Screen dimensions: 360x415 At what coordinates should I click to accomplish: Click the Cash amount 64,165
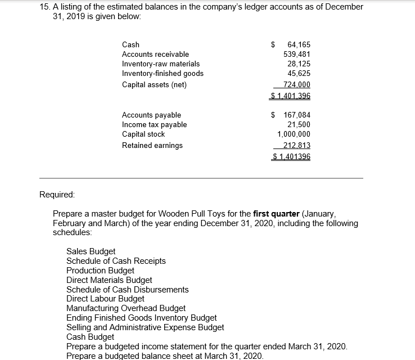click(x=298, y=44)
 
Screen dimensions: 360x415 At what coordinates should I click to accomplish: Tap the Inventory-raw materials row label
click(x=160, y=64)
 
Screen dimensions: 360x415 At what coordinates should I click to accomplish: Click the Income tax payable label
click(x=154, y=124)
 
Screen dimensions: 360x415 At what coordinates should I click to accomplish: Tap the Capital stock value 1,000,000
click(x=294, y=134)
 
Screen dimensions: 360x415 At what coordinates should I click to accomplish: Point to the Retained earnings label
click(x=152, y=145)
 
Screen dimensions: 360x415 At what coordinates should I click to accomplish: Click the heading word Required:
click(x=57, y=195)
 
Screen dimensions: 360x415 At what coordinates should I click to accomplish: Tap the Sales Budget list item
click(x=91, y=251)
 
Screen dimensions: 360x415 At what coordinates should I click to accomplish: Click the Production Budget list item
click(x=100, y=271)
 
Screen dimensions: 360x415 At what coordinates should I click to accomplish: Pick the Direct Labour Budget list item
click(x=105, y=299)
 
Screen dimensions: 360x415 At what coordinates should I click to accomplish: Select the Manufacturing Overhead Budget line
click(x=126, y=308)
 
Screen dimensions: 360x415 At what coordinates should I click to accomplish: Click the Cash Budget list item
click(x=90, y=336)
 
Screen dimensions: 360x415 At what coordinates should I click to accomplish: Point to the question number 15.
click(x=45, y=7)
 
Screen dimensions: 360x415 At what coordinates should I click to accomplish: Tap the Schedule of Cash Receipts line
click(x=116, y=261)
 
